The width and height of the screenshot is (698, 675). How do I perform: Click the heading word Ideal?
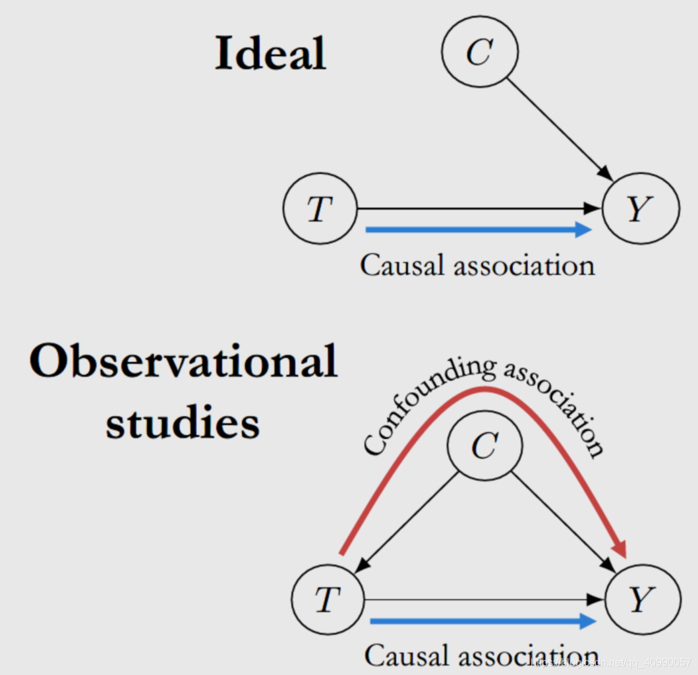(x=270, y=53)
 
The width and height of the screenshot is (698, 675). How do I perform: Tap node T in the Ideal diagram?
(x=320, y=208)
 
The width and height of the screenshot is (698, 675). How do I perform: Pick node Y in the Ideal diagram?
(x=640, y=208)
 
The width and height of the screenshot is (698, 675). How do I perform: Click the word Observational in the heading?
(x=183, y=361)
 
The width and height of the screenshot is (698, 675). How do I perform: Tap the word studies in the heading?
(x=183, y=423)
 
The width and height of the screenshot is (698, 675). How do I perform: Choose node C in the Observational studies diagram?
(x=484, y=447)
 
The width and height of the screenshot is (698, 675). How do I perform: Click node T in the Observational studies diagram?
(x=328, y=599)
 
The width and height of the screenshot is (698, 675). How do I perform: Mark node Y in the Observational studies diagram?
(x=643, y=599)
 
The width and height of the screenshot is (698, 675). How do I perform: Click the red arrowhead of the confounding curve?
(x=620, y=547)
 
